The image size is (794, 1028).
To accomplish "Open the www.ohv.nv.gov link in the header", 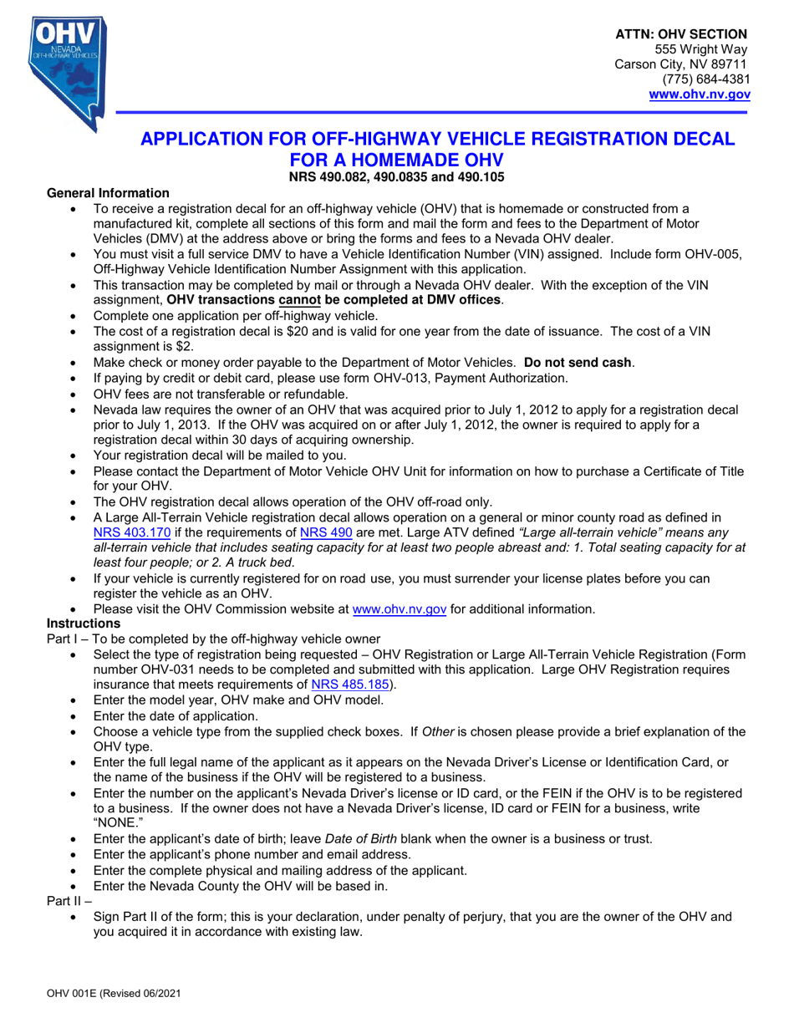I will click(700, 94).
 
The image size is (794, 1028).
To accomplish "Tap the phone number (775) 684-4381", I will click(706, 79).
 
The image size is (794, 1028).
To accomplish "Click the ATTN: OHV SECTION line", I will click(681, 34).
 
